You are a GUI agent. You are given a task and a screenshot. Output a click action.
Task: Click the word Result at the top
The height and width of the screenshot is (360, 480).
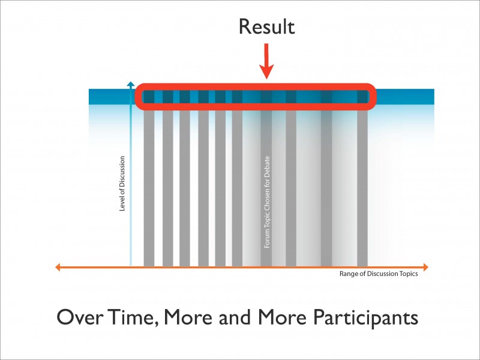point(266,26)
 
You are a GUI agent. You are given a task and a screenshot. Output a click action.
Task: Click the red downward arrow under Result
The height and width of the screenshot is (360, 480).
point(266,63)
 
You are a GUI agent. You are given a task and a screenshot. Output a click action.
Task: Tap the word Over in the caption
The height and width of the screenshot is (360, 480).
point(80,317)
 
